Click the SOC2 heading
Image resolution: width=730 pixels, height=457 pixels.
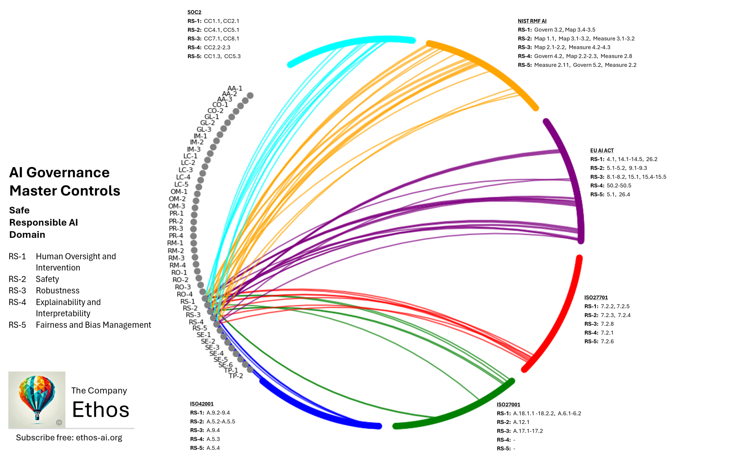[194, 12]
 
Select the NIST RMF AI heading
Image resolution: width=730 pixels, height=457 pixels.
[532, 21]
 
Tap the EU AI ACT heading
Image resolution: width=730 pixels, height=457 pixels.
[602, 150]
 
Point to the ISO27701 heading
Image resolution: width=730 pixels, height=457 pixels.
[596, 297]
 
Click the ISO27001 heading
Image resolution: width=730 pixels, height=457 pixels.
[508, 405]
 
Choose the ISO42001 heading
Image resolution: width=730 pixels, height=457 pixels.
[202, 404]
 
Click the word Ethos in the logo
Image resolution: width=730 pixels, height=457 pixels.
[100, 410]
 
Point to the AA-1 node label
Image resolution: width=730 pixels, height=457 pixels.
[235, 89]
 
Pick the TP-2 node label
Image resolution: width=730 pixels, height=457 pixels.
[236, 376]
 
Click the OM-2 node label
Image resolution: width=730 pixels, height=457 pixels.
[177, 199]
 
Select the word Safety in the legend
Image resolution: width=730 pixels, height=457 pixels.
[47, 279]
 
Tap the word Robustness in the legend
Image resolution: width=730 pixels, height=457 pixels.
[57, 291]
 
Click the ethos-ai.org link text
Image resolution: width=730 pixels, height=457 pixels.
[99, 438]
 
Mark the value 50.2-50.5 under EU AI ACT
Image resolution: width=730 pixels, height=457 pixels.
[619, 185]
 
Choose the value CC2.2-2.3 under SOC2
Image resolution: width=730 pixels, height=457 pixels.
[217, 47]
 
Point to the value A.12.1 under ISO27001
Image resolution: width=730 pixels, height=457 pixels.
[521, 422]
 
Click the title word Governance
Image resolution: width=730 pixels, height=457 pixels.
[68, 172]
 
